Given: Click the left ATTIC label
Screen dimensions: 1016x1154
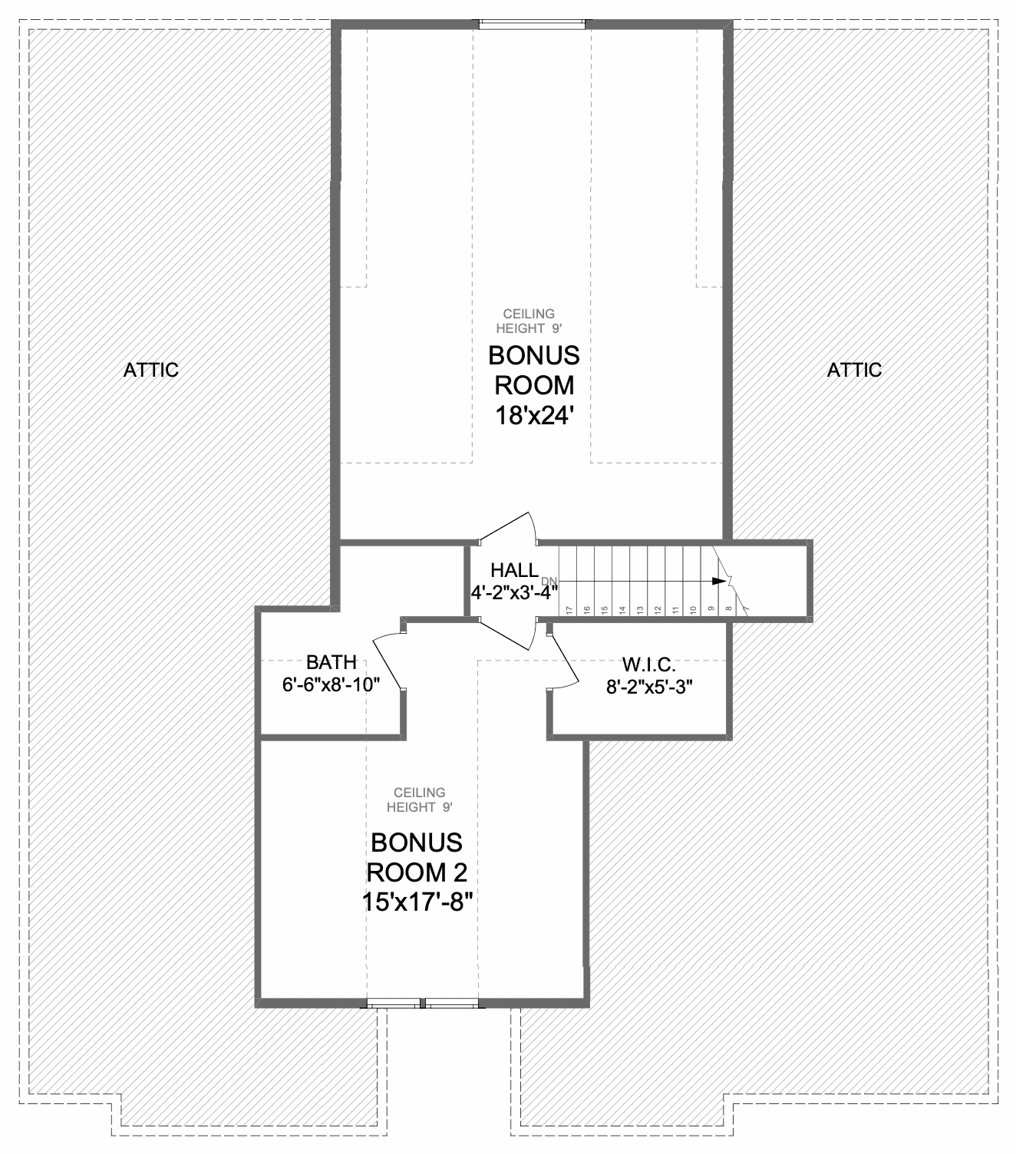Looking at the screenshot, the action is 151,371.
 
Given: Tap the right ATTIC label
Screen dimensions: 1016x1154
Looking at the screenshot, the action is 854,371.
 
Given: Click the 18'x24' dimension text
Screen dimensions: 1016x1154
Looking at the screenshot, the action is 534,416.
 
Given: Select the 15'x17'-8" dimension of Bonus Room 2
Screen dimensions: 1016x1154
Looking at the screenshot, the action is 417,902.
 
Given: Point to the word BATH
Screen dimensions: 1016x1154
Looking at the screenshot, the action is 331,662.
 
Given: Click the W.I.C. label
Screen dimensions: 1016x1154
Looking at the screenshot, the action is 649,664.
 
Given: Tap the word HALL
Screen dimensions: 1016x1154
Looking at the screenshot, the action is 515,570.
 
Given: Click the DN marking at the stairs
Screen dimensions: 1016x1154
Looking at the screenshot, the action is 549,581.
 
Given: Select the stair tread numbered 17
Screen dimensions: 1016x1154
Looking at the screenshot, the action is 569,609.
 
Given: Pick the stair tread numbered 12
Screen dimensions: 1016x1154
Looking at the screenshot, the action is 658,609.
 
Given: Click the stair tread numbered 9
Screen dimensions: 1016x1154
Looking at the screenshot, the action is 711,609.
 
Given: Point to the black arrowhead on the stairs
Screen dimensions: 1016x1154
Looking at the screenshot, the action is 719,581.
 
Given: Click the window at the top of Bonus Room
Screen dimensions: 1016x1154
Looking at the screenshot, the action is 532,24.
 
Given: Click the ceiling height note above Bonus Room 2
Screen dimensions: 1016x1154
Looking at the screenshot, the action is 420,800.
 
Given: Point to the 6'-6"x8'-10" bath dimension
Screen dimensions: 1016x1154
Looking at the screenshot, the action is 331,684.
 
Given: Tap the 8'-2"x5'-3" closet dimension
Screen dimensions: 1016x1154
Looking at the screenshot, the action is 649,687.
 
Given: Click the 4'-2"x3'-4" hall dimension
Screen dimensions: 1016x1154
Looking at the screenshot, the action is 514,592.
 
